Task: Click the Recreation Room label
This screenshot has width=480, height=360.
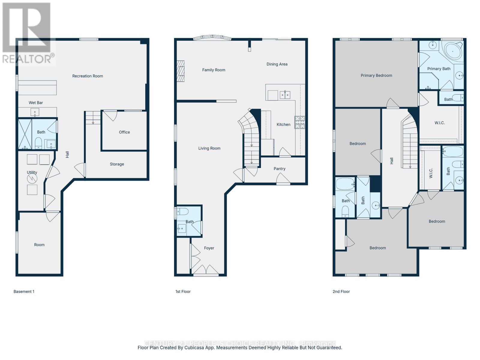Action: click(88, 76)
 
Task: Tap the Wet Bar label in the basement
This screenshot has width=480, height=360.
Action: click(36, 103)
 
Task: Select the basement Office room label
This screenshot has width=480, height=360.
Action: click(124, 132)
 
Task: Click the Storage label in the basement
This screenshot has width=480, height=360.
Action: click(117, 164)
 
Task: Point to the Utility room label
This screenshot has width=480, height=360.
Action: click(32, 172)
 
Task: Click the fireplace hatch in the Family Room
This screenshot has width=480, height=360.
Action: click(180, 71)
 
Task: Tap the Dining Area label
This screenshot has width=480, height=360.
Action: click(277, 64)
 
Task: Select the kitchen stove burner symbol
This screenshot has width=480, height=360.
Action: click(300, 122)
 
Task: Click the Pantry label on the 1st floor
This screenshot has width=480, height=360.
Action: click(279, 169)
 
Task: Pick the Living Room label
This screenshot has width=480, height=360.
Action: click(209, 148)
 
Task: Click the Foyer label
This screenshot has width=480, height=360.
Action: click(209, 248)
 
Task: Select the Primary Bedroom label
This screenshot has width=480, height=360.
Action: click(376, 76)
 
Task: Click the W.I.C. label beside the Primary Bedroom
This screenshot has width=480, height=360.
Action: click(439, 123)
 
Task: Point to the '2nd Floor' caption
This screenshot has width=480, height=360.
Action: click(341, 292)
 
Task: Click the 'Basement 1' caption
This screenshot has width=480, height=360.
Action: click(24, 292)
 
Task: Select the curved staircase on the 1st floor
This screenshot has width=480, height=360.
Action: click(250, 135)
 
